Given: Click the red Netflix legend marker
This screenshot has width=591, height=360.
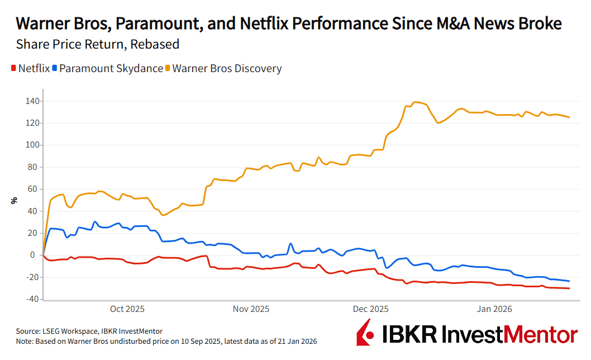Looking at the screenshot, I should [13, 69].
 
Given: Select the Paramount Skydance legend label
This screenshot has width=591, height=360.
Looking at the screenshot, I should [111, 69].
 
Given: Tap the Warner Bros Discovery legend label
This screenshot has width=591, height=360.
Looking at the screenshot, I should [227, 69].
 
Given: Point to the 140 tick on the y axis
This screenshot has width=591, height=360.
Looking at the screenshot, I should [32, 101].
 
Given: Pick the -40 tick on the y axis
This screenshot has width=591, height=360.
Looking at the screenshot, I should [32, 299].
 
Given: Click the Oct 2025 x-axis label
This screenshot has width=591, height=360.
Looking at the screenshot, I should [127, 309].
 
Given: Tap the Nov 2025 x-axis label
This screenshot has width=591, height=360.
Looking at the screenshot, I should [251, 309].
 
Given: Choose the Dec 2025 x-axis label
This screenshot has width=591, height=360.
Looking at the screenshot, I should [371, 309].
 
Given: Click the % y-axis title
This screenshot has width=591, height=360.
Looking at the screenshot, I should [14, 200].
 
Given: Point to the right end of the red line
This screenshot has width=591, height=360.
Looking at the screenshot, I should [569, 288].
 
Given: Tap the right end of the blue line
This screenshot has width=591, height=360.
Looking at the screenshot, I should [569, 281].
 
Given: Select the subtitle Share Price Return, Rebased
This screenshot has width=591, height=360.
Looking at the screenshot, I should [98, 44].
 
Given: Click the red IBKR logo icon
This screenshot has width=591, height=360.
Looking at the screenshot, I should [364, 334].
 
